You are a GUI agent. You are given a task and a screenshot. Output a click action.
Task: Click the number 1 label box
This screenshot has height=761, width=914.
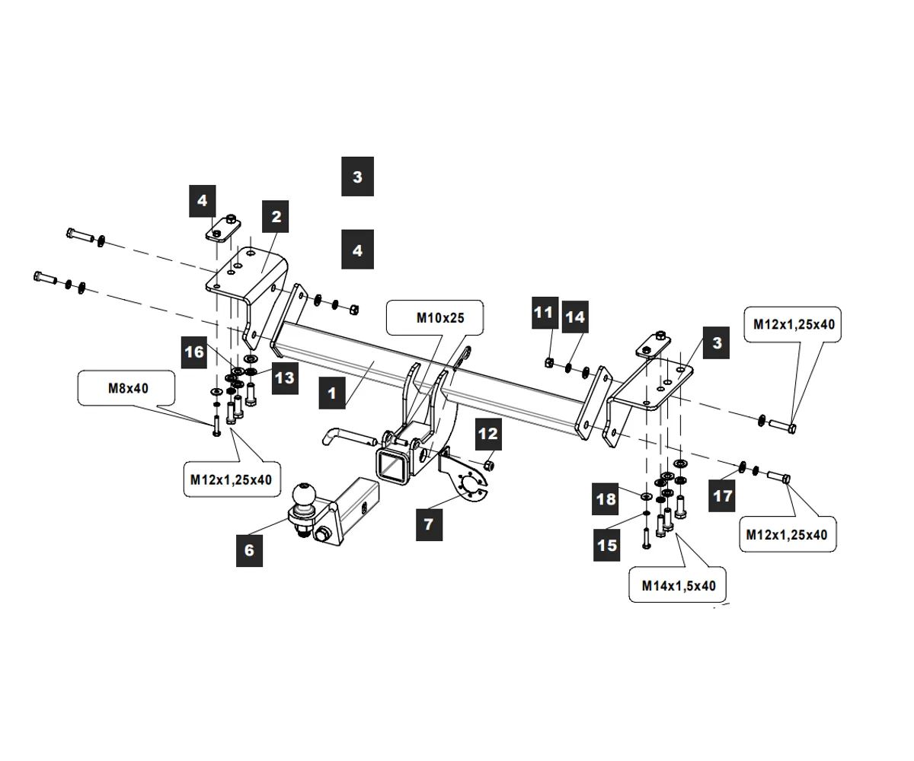[332, 393]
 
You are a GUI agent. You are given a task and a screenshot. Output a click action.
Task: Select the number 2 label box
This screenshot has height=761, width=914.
[276, 217]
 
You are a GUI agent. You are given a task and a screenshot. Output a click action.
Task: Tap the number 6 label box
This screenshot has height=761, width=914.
[250, 549]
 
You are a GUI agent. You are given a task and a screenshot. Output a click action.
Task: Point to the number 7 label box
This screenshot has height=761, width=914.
[429, 524]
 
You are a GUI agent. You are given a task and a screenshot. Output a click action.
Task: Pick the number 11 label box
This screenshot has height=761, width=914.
[543, 312]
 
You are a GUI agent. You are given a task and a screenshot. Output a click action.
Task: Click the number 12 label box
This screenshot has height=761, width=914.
[487, 434]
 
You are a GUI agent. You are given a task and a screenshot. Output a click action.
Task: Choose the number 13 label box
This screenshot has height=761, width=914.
[284, 377]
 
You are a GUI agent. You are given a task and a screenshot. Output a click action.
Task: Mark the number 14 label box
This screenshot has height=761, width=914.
[576, 316]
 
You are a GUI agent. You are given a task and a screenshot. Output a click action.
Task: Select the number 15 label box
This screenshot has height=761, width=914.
[608, 545]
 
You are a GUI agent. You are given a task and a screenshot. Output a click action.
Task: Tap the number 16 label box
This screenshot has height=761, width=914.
[195, 352]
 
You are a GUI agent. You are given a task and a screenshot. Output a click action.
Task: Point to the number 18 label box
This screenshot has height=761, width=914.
[607, 499]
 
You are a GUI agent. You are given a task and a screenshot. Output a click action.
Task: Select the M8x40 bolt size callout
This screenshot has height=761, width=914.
[126, 388]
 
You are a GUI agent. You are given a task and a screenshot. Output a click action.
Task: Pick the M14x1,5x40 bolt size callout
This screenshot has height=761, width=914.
[678, 585]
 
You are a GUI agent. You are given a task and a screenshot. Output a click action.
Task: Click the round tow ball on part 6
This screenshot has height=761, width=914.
[305, 495]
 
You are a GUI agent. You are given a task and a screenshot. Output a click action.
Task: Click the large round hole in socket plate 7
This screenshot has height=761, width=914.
[471, 486]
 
